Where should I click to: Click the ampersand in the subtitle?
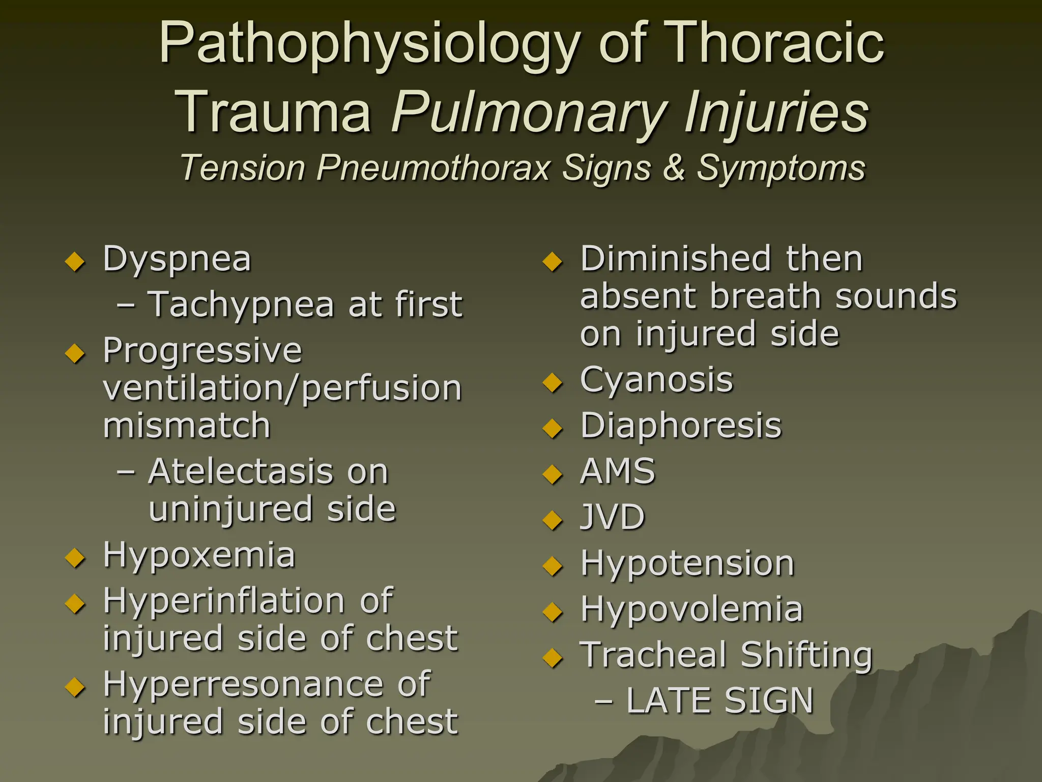(x=673, y=167)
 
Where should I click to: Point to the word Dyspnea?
(x=177, y=259)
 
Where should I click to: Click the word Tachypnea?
(x=241, y=304)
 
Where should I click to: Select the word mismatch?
(x=186, y=426)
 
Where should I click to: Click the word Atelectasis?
(x=240, y=471)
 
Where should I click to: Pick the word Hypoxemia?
(x=199, y=555)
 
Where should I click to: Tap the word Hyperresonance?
(x=243, y=684)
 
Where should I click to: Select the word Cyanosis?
(x=656, y=381)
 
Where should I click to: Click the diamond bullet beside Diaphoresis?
(x=553, y=428)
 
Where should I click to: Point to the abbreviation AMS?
(x=618, y=471)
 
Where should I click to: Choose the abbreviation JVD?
(x=613, y=517)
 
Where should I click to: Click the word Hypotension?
(x=687, y=564)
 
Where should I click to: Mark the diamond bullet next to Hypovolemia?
(x=553, y=611)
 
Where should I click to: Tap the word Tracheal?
(x=653, y=655)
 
